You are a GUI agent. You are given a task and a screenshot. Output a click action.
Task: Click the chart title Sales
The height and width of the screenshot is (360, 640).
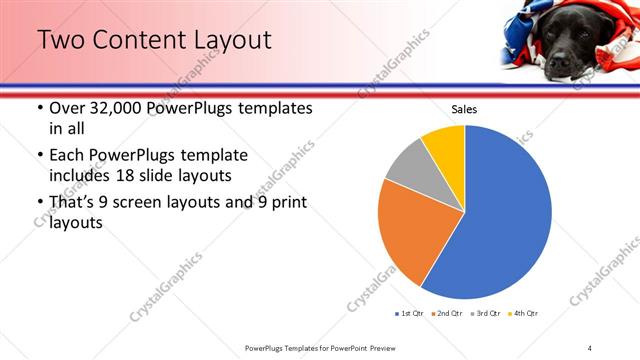[x=465, y=110]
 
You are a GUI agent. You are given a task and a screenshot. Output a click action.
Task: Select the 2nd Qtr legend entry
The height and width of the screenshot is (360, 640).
[x=446, y=314]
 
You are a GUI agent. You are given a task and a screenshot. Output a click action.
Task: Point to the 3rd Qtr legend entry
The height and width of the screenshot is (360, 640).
[x=484, y=314]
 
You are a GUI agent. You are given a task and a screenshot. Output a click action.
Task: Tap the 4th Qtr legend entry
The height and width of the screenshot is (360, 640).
[x=522, y=314]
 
